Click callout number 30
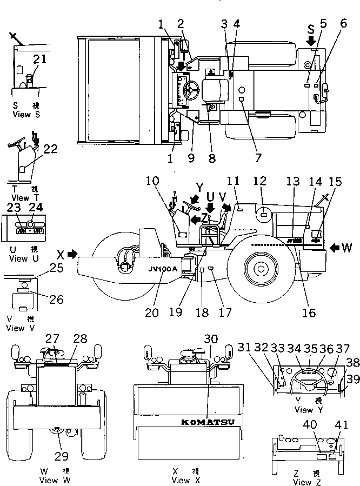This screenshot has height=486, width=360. pyautogui.click(x=211, y=339)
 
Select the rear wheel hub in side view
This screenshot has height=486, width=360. pyautogui.click(x=259, y=266)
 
